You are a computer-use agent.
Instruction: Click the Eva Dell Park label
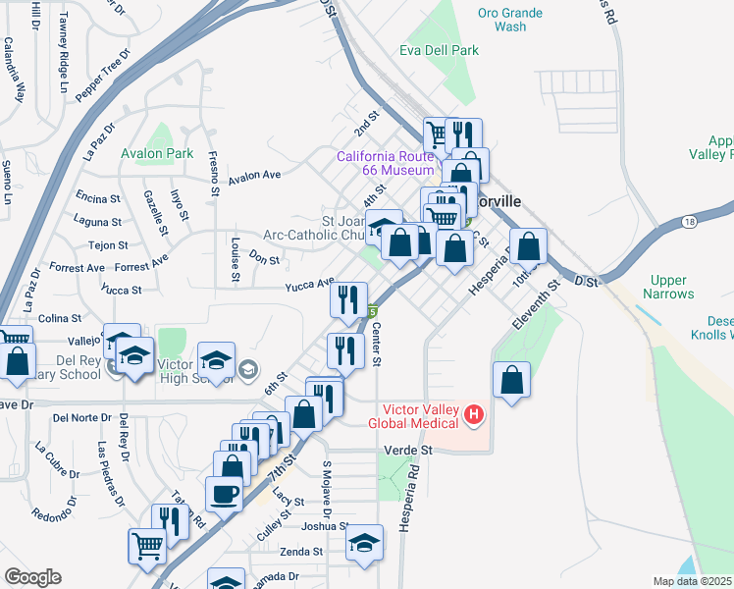pyautogui.click(x=439, y=50)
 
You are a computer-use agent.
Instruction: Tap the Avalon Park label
pyautogui.click(x=157, y=153)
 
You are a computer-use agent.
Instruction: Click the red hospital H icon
pyautogui.click(x=474, y=415)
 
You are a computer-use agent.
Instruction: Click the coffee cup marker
pyautogui.click(x=224, y=496)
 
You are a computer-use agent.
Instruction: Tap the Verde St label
pyautogui.click(x=412, y=450)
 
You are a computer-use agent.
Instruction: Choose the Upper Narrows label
pyautogui.click(x=668, y=287)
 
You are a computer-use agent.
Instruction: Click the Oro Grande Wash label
pyautogui.click(x=501, y=20)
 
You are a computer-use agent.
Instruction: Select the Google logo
pyautogui.click(x=31, y=577)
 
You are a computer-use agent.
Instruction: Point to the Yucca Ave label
pyautogui.click(x=310, y=284)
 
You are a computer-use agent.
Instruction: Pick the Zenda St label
pyautogui.click(x=301, y=552)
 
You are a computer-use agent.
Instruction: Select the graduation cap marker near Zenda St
pyautogui.click(x=364, y=544)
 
